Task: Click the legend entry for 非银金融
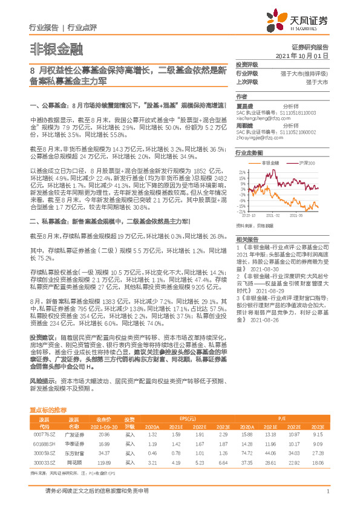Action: pos(270,163)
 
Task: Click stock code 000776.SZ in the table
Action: pos(44,434)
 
